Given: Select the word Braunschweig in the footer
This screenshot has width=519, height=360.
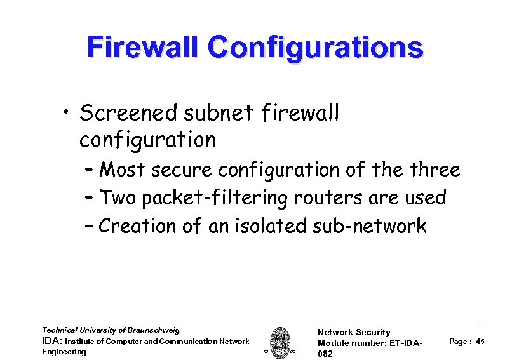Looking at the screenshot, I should [153, 330].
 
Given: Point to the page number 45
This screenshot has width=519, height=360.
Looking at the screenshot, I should [480, 342].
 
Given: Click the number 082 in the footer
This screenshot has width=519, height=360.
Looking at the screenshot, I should [325, 353].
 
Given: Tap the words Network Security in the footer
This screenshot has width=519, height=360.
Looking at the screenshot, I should [354, 332].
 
